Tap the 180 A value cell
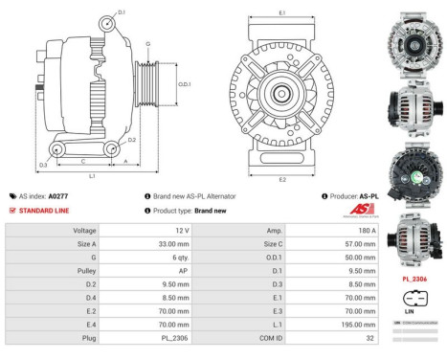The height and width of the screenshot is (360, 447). pos(366,231)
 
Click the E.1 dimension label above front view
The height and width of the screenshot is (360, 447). pos(281,12)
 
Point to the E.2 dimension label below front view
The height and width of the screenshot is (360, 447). pos(281,179)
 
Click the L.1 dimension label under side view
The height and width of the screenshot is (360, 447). pos(92,176)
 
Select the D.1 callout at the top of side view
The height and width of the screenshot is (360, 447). pos(122,11)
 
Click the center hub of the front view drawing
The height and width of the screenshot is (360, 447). pos(281,94)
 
